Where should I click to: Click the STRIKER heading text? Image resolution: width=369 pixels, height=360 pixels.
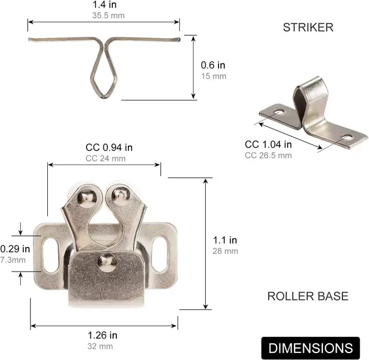pyautogui.click(x=308, y=27)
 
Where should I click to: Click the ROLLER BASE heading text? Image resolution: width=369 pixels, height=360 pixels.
pyautogui.click(x=307, y=297)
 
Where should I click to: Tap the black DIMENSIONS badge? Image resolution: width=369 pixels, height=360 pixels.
pyautogui.click(x=310, y=348)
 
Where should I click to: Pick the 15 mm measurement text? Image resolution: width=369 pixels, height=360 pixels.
pyautogui.click(x=213, y=76)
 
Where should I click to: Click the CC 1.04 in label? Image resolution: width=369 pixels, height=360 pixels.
pyautogui.click(x=268, y=145)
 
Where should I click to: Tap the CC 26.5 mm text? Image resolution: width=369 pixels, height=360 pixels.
pyautogui.click(x=268, y=155)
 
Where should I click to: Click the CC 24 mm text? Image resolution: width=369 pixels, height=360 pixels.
pyautogui.click(x=106, y=158)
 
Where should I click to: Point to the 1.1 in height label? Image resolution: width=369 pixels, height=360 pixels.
pyautogui.click(x=224, y=240)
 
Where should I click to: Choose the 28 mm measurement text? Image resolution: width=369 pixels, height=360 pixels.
pyautogui.click(x=224, y=251)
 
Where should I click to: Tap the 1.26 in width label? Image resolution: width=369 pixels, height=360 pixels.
pyautogui.click(x=103, y=335)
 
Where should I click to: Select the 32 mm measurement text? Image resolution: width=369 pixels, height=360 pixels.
pyautogui.click(x=103, y=346)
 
